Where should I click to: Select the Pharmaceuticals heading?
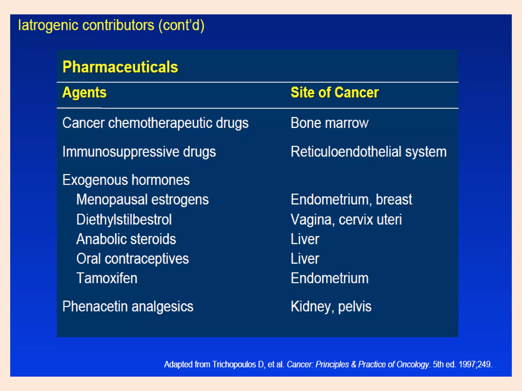tap(120, 67)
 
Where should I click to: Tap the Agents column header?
tap(84, 93)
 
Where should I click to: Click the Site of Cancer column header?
tap(335, 92)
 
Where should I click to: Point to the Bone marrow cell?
tap(329, 123)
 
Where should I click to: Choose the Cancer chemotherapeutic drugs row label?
tap(155, 123)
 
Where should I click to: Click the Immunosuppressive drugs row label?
tap(139, 152)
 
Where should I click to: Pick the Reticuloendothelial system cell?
tap(369, 152)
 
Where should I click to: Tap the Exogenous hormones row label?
tap(126, 180)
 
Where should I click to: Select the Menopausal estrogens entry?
tap(142, 199)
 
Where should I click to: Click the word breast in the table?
tap(394, 199)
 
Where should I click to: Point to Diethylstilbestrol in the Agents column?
tap(124, 219)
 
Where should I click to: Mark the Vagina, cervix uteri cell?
tap(346, 219)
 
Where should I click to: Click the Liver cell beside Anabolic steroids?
tap(305, 239)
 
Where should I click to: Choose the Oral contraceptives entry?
tap(133, 259)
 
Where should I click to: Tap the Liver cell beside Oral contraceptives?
tap(305, 259)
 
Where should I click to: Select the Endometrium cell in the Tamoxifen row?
tap(330, 278)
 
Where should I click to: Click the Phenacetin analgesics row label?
tap(128, 306)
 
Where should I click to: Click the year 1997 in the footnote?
tap(467, 365)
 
